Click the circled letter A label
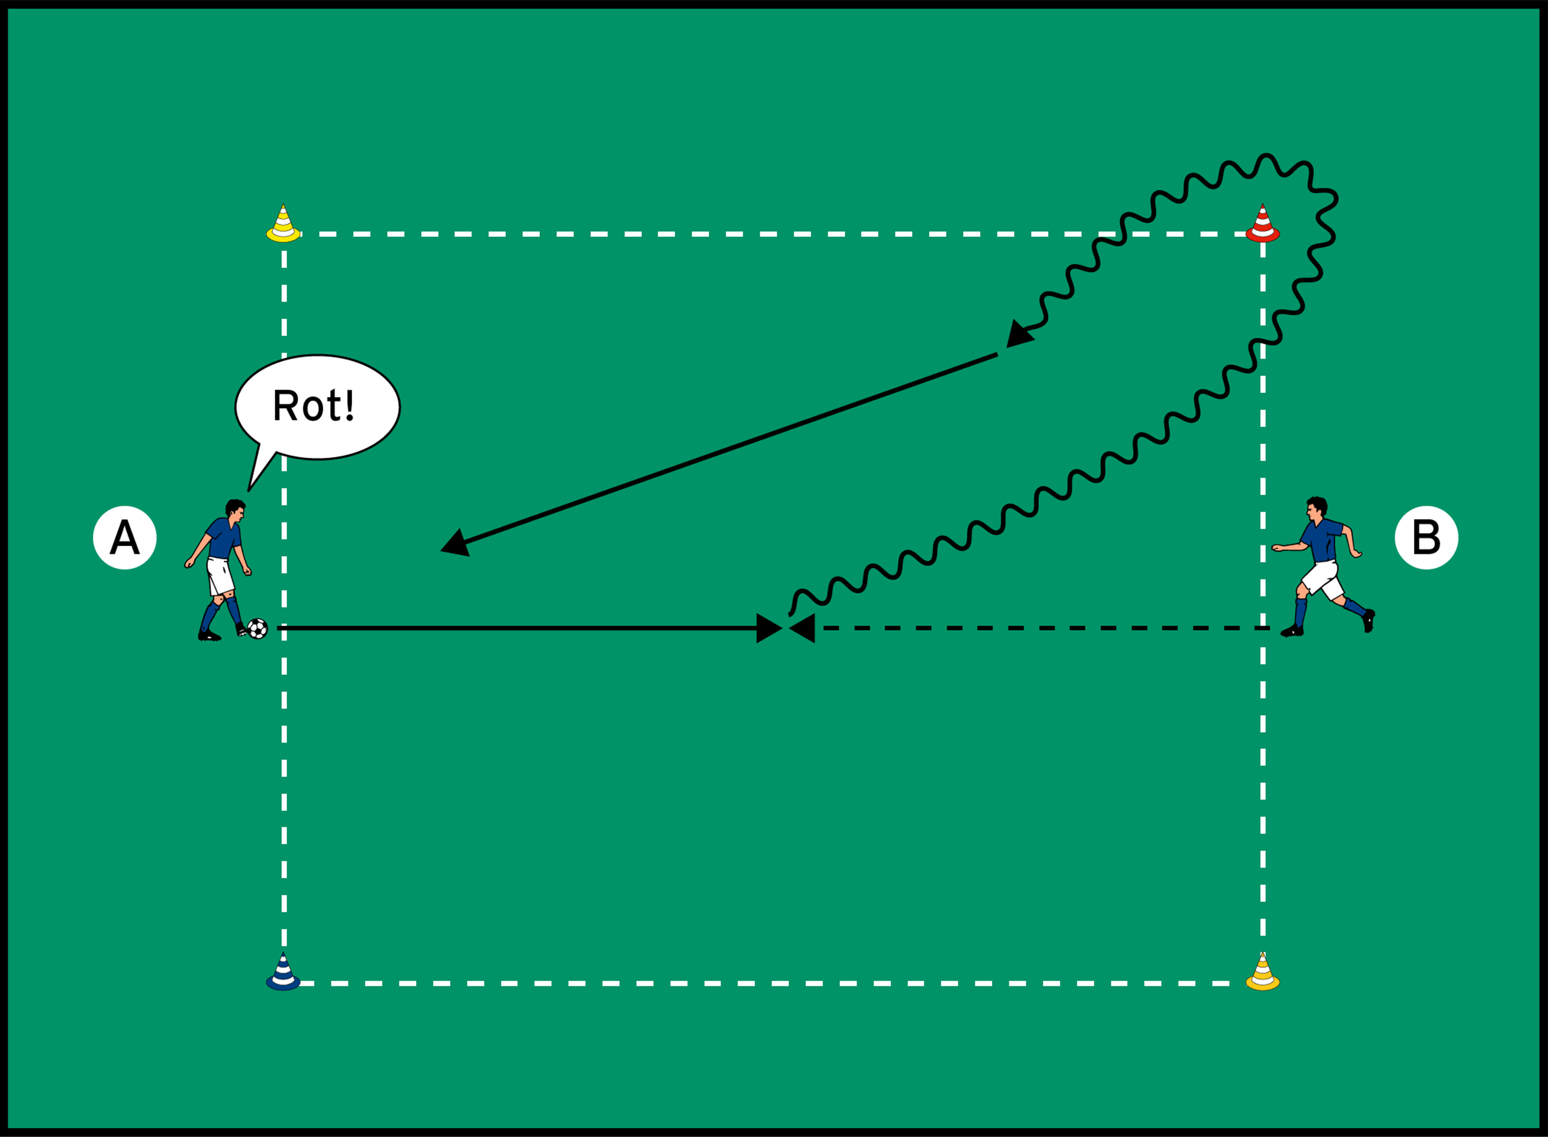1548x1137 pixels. (x=125, y=537)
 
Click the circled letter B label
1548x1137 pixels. (x=1426, y=537)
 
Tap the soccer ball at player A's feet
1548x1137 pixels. (x=257, y=629)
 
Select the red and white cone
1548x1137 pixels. (x=1262, y=224)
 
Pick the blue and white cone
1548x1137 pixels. (x=283, y=972)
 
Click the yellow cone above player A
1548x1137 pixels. (x=283, y=224)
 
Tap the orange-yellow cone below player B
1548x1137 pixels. (x=1262, y=972)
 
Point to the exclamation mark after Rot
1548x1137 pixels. (x=349, y=405)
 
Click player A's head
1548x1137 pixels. (x=234, y=510)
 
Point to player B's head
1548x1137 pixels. (x=1316, y=507)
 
